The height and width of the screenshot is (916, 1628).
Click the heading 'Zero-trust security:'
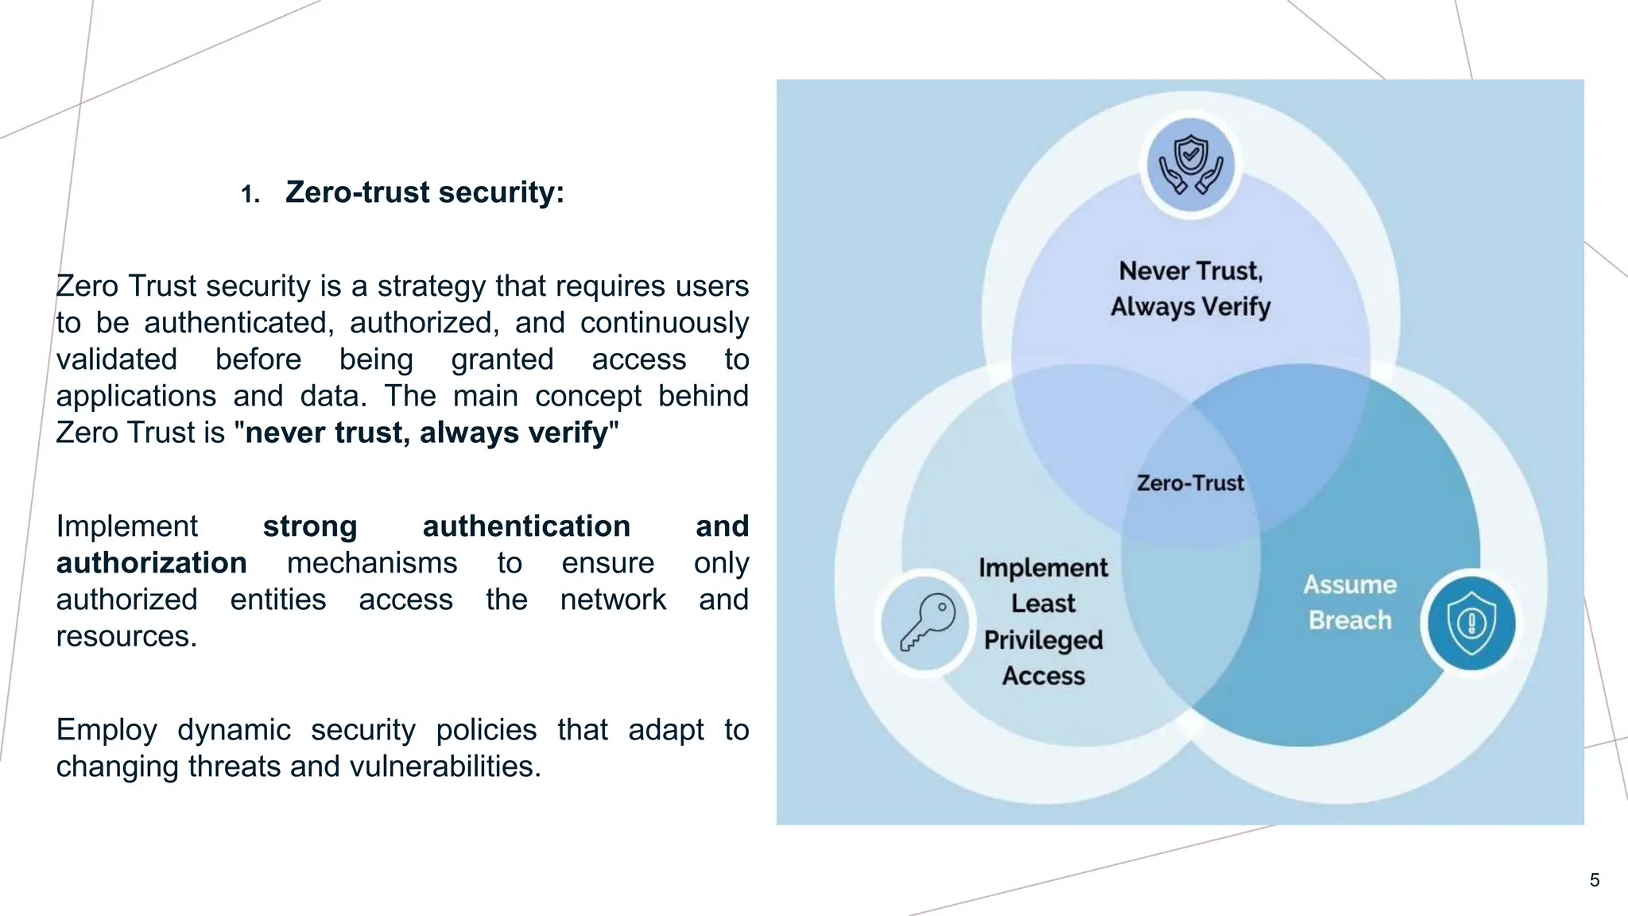pos(424,192)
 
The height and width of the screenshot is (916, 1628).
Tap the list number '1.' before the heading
pos(250,194)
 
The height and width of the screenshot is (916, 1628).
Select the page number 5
pos(1594,879)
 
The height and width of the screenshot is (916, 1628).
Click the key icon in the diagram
pos(927,622)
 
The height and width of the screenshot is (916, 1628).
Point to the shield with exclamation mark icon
pos(1471,623)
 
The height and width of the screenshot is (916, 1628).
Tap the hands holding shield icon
pos(1190,165)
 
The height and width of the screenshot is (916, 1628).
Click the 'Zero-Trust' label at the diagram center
pos(1190,483)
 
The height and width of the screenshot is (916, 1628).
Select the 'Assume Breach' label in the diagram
pos(1350,602)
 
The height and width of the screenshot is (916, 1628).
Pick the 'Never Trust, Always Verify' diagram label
pos(1190,288)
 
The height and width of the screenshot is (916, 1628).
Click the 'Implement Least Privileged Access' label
pos(1043,621)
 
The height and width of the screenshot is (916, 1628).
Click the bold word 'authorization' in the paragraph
pos(151,563)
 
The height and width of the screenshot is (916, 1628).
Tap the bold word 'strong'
pos(310,526)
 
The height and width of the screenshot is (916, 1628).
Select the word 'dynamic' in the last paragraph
pos(234,730)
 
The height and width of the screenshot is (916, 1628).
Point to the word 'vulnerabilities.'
pos(445,767)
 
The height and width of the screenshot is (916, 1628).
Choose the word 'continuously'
pos(664,323)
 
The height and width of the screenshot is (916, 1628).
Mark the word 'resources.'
pos(126,636)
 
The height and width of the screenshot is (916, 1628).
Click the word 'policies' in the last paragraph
pos(486,730)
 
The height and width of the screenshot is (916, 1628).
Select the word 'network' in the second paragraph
pos(613,600)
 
